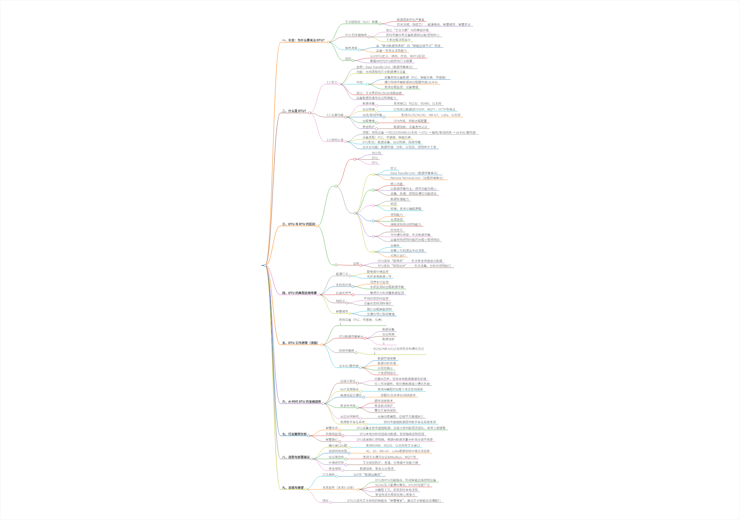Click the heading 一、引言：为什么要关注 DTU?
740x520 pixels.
click(x=303, y=40)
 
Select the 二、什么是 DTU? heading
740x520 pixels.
click(x=294, y=111)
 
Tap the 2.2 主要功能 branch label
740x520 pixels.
click(x=335, y=115)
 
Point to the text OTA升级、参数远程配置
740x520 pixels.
click(x=410, y=121)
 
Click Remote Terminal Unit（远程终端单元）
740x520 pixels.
click(x=417, y=178)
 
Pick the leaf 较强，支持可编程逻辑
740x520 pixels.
click(x=406, y=209)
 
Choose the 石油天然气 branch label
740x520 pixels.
click(x=343, y=293)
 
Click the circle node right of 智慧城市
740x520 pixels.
click(x=350, y=313)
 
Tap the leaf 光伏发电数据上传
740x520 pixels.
click(x=379, y=277)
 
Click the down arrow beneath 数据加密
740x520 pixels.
click(x=384, y=343)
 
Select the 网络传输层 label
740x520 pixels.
click(x=346, y=351)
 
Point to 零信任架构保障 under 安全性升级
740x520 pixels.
click(x=385, y=411)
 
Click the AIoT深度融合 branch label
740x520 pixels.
click(x=349, y=389)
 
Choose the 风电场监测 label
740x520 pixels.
click(x=333, y=434)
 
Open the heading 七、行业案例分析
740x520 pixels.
click(x=294, y=434)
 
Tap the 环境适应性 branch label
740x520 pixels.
click(x=336, y=463)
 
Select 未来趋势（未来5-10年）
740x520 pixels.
click(x=338, y=488)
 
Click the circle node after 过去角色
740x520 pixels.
click(x=336, y=476)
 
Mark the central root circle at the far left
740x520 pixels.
click(x=265, y=265)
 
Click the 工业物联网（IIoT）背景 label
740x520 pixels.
click(x=361, y=22)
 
